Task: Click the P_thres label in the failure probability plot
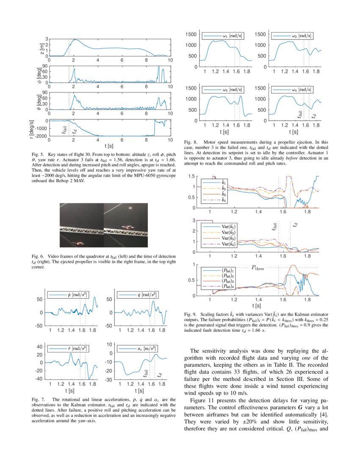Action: tap(260, 268)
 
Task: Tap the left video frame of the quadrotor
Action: tap(82, 225)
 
